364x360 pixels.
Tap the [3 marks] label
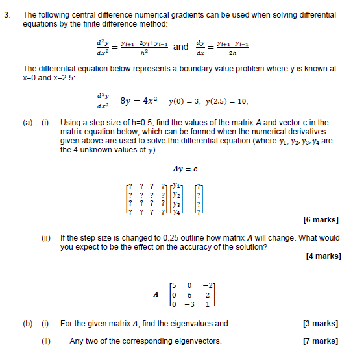tap(321, 324)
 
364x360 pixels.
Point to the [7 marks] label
tap(321, 341)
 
